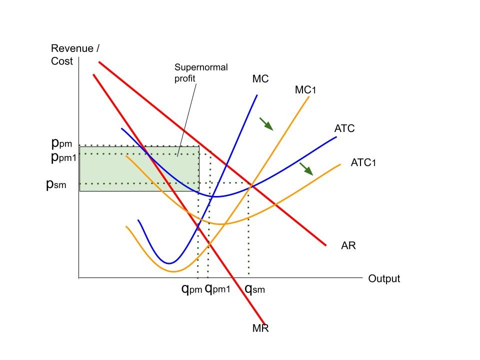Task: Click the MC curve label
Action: click(260, 79)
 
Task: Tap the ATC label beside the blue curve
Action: click(344, 128)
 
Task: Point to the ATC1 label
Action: click(363, 162)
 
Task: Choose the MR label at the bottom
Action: click(260, 328)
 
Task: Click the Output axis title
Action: click(384, 278)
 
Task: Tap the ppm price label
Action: click(62, 143)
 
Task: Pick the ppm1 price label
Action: click(64, 157)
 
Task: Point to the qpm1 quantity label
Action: click(217, 288)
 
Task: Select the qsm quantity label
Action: click(254, 288)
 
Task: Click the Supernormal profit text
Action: click(193, 73)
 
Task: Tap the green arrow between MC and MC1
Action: click(266, 124)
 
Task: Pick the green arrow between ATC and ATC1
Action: click(306, 168)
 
